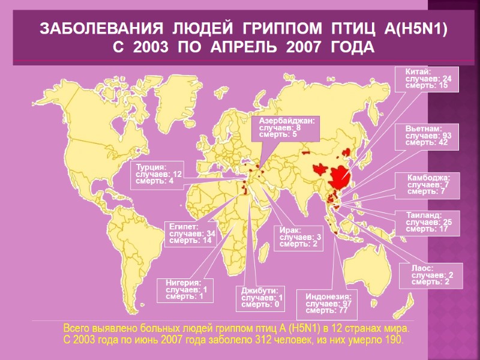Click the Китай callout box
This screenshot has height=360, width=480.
click(x=428, y=79)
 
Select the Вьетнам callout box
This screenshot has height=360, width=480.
click(x=428, y=136)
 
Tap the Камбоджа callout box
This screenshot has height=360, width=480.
click(x=428, y=185)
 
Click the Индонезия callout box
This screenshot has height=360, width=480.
click(x=328, y=304)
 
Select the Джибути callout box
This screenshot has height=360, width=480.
click(x=262, y=298)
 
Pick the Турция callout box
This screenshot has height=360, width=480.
click(x=158, y=173)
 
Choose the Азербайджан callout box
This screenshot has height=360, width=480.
click(x=289, y=127)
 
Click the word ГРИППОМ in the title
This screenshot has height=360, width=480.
click(x=286, y=29)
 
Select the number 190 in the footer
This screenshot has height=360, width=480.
click(x=393, y=341)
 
